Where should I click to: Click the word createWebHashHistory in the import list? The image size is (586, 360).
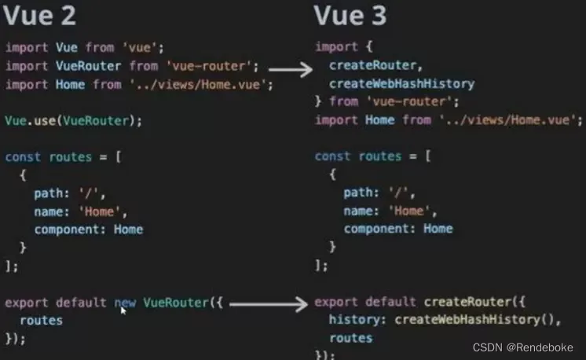[x=401, y=83]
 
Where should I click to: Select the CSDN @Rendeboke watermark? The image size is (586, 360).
[x=522, y=347]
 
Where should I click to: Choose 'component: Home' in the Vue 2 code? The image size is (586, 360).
[x=88, y=229]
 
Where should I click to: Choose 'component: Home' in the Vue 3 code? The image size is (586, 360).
[x=397, y=229]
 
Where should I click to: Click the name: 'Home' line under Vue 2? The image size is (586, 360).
[x=80, y=211]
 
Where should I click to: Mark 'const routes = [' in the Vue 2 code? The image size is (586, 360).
[x=63, y=156]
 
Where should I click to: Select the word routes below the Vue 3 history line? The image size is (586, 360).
[x=350, y=337]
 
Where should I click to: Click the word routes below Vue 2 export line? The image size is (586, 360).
[x=41, y=320]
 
